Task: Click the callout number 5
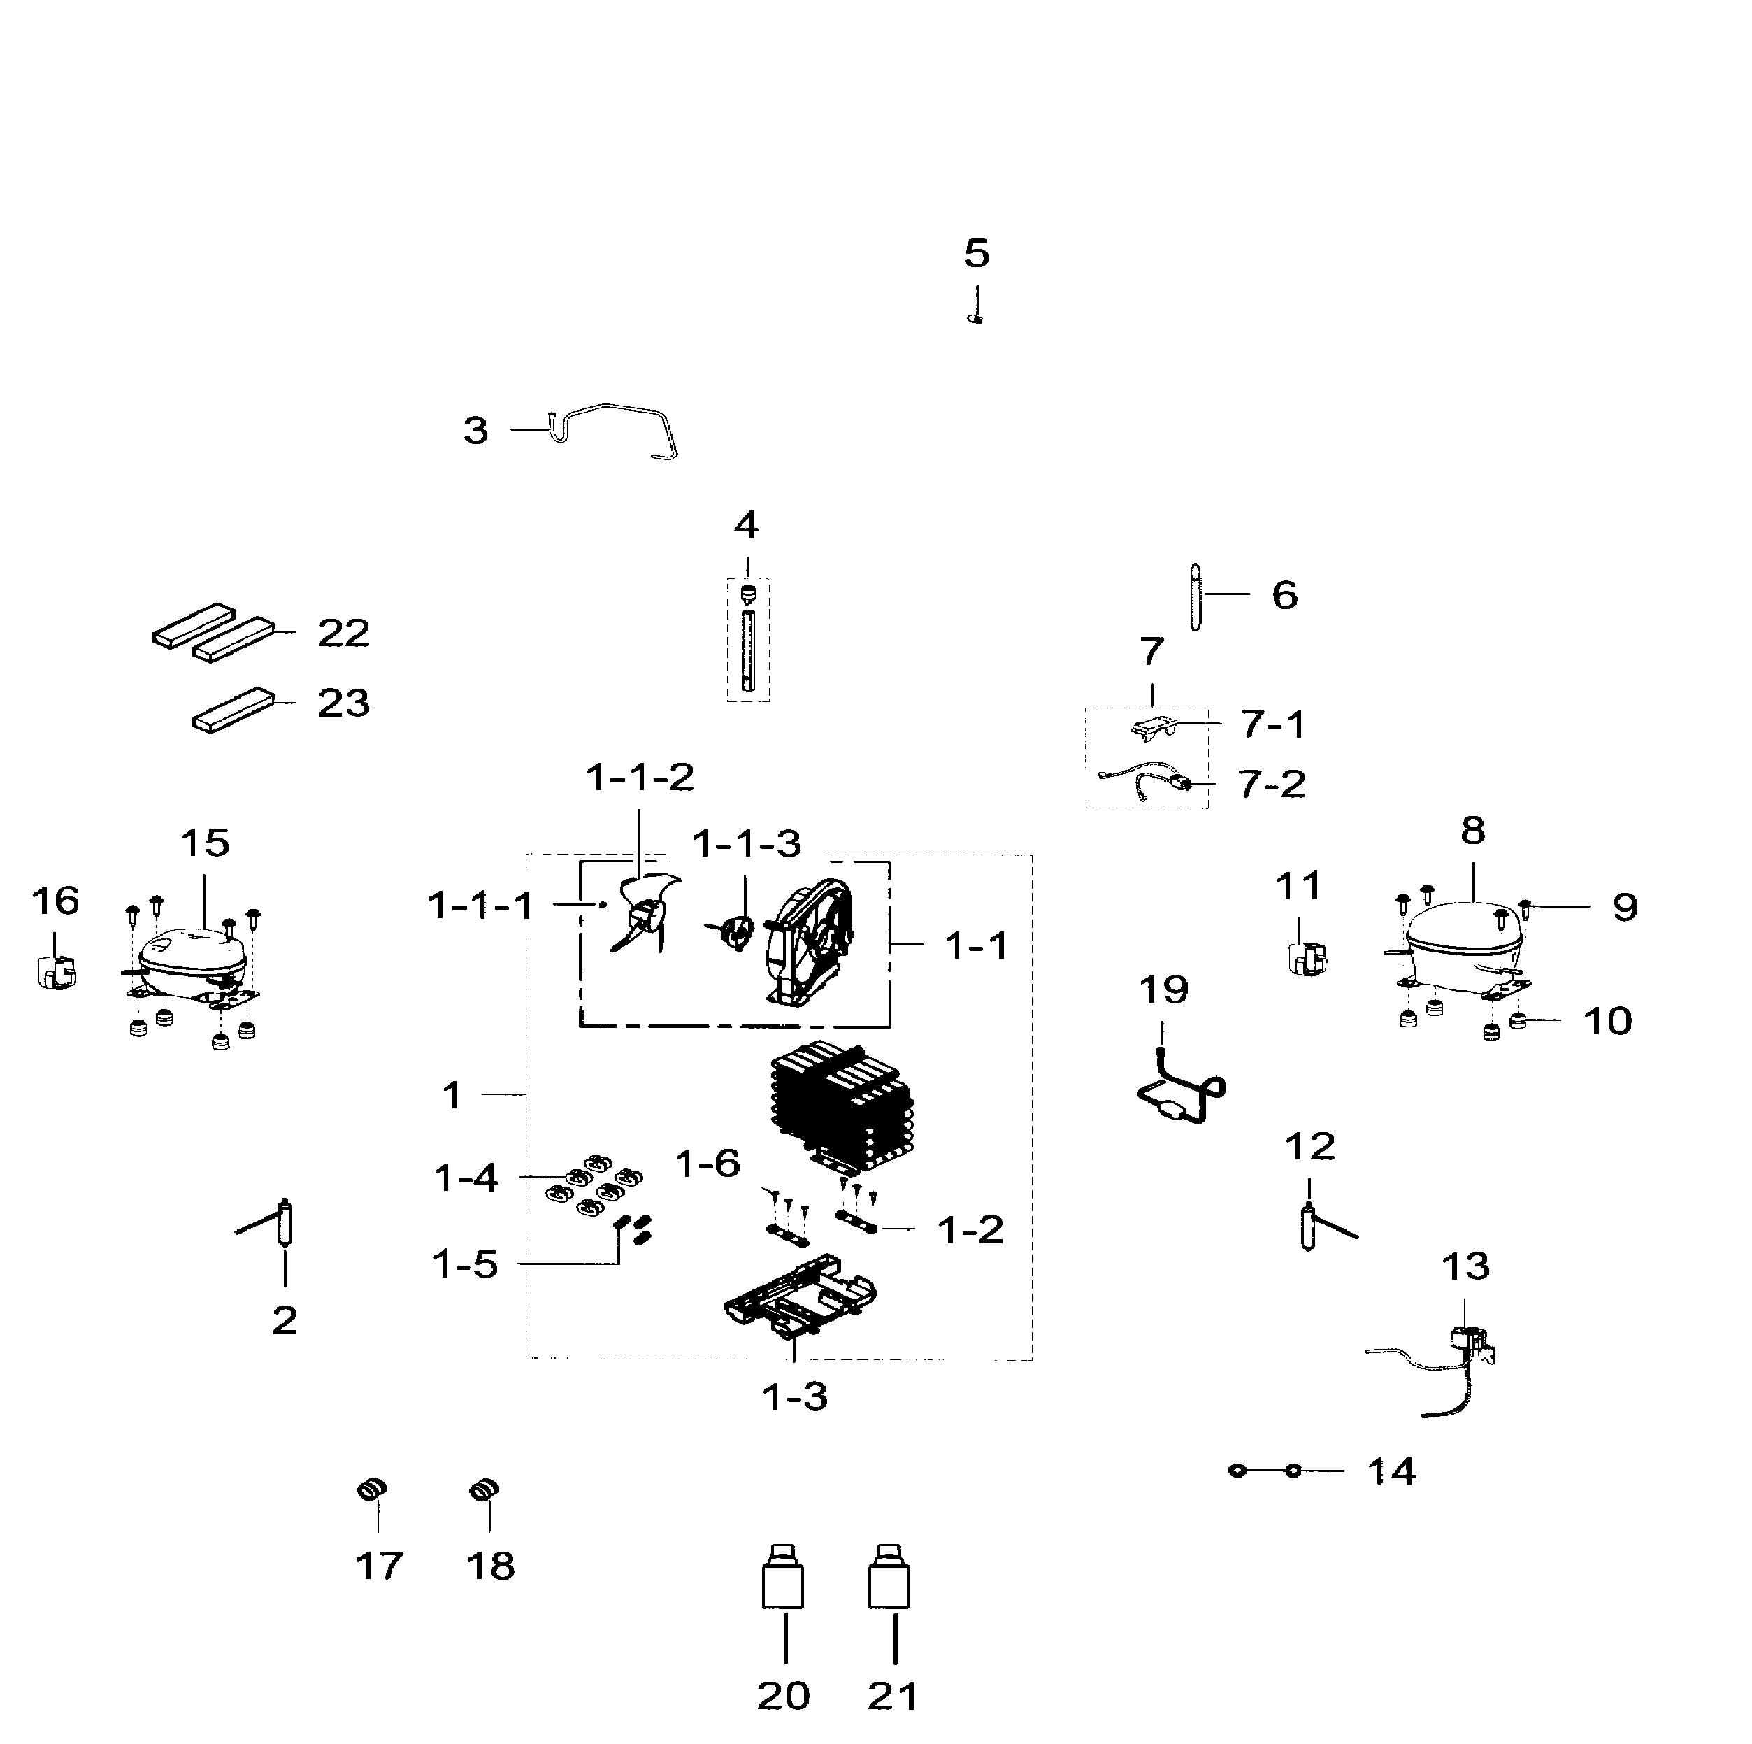(976, 254)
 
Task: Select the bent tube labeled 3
(617, 427)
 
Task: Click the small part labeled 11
(1307, 959)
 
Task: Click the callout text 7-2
(1272, 784)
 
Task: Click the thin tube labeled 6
(1195, 596)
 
